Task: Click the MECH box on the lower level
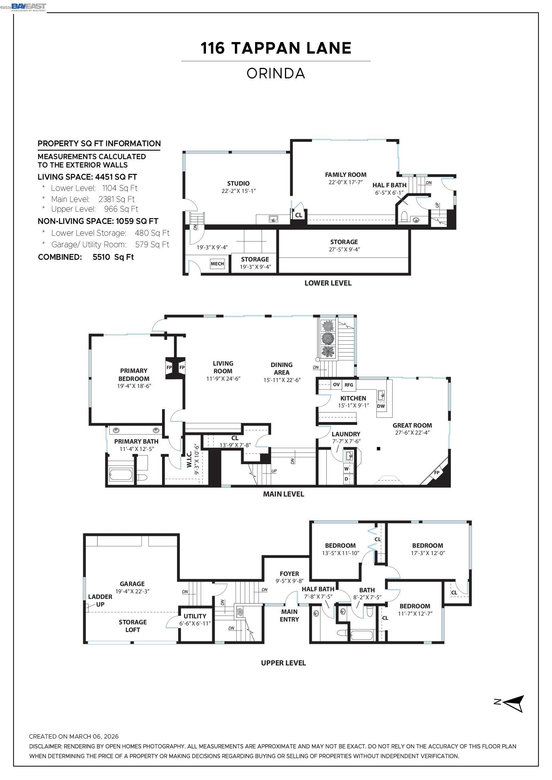[217, 264]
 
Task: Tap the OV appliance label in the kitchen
[336, 384]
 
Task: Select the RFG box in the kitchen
[349, 384]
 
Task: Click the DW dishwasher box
[381, 406]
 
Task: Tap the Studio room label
[238, 184]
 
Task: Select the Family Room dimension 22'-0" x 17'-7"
[345, 182]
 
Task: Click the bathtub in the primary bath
[121, 475]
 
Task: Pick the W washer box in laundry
[346, 469]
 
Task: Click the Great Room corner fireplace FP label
[437, 473]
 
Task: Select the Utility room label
[195, 616]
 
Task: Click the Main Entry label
[289, 615]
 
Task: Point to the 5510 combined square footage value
[113, 257]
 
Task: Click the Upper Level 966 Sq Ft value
[121, 209]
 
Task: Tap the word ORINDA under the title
[276, 73]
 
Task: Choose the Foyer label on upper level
[289, 574]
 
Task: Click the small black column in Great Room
[378, 448]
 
